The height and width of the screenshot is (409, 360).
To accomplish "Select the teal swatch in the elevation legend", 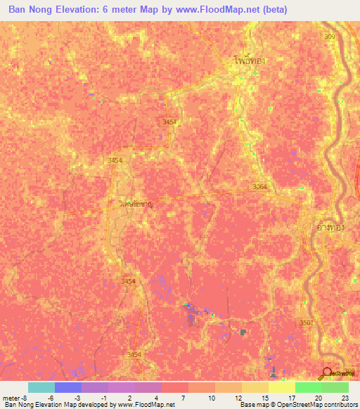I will click(41, 387).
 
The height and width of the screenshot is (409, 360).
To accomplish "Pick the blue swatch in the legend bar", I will click(68, 387).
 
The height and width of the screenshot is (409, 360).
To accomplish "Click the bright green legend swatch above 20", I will click(308, 387).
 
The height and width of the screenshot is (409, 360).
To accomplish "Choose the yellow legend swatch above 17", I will click(281, 387).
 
